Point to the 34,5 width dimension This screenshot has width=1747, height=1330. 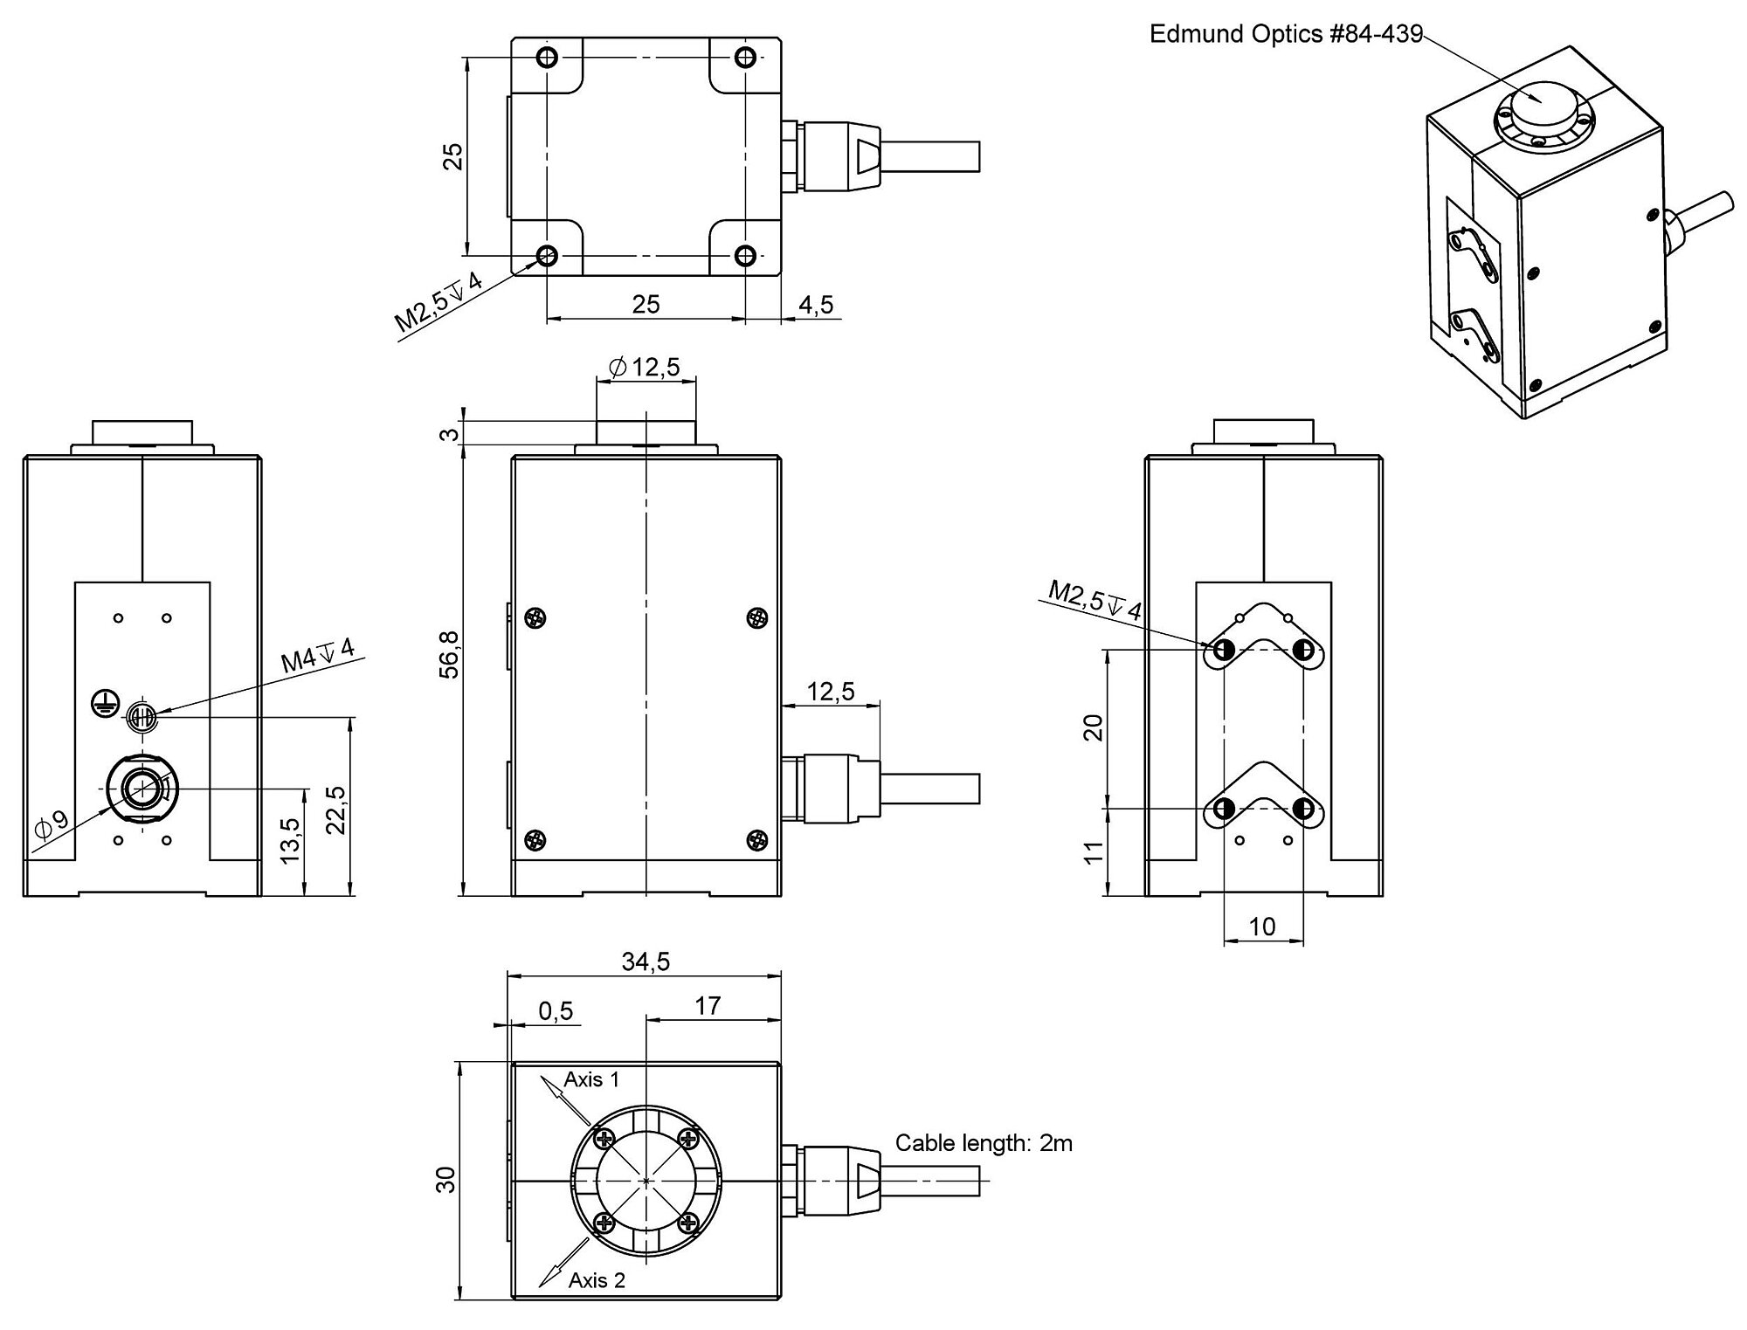tap(646, 961)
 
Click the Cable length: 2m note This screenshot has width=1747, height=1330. tap(984, 1142)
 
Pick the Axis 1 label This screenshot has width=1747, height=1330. tap(591, 1079)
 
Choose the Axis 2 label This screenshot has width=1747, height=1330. tap(597, 1280)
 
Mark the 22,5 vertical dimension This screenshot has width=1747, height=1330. tap(336, 809)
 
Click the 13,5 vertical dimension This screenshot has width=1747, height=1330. tap(292, 839)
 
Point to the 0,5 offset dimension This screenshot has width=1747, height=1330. tap(556, 1011)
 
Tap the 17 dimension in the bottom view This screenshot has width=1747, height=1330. tap(708, 1006)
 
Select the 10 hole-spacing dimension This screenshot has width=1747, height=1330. tap(1263, 927)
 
